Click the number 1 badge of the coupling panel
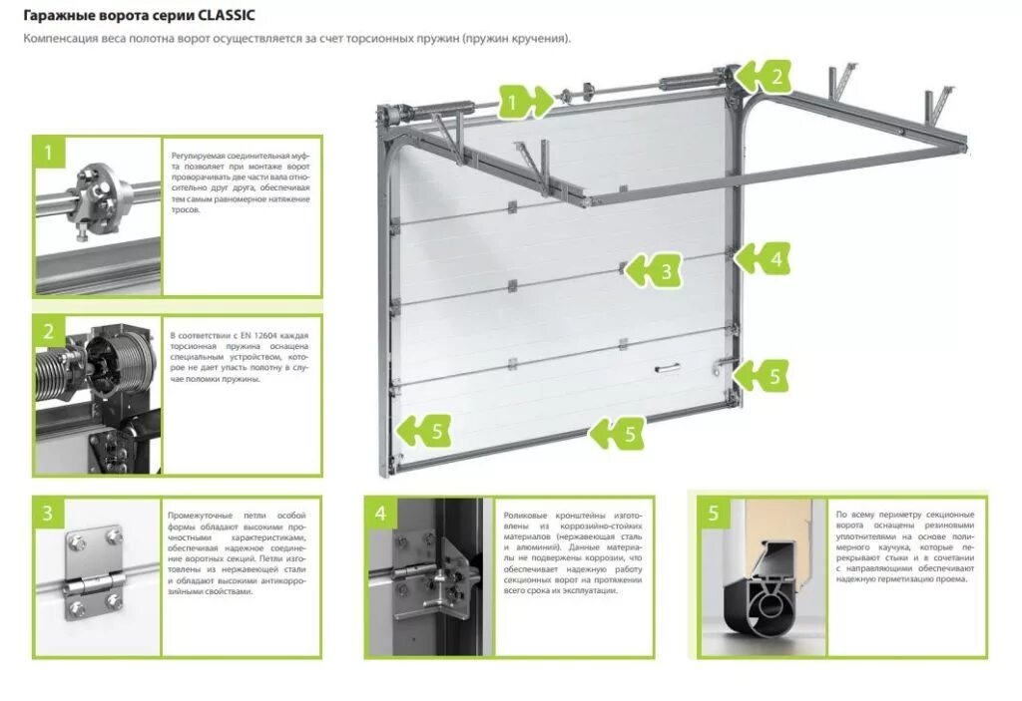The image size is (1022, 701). coord(48,153)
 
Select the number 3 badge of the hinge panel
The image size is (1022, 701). coord(48,514)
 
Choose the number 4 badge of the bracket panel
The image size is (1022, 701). coord(380,514)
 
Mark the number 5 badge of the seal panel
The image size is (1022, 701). coord(714,514)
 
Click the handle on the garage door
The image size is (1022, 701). coord(665,369)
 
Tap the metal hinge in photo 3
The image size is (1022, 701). coord(94,577)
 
